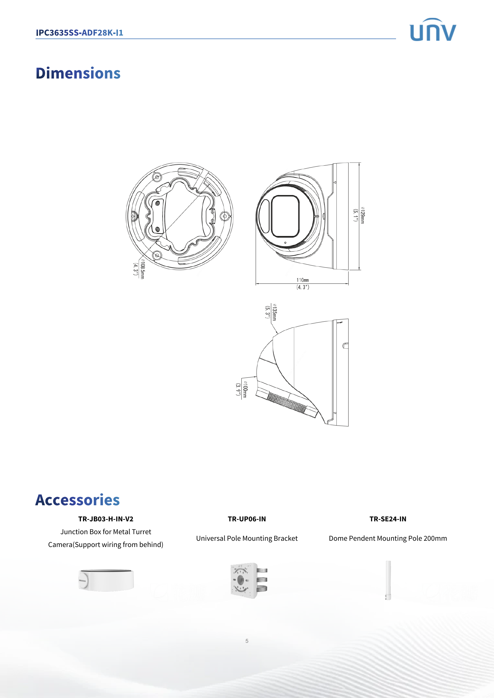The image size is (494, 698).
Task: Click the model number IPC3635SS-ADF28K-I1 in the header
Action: click(x=79, y=33)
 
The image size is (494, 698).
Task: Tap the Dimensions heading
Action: click(x=78, y=73)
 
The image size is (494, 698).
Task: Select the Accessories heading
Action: click(x=78, y=500)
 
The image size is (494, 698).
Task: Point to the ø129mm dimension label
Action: click(x=362, y=215)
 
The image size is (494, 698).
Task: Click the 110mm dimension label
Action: click(x=302, y=280)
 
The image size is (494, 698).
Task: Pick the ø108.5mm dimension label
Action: click(x=142, y=269)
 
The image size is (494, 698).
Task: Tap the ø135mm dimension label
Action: click(x=274, y=312)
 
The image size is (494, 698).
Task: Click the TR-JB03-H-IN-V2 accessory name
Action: click(x=105, y=519)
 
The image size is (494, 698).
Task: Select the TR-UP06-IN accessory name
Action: click(x=247, y=519)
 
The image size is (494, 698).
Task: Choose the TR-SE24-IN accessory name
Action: click(x=388, y=519)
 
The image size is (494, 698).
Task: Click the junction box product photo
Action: click(x=106, y=580)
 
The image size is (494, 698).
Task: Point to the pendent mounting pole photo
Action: click(x=388, y=580)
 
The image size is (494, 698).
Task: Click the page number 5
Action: click(x=247, y=641)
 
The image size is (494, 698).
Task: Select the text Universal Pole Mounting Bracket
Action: click(x=247, y=538)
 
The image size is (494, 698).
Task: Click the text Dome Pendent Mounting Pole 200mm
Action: click(x=388, y=538)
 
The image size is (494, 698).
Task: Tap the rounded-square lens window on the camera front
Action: click(x=285, y=216)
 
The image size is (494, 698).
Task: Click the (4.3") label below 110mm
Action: click(x=303, y=287)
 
